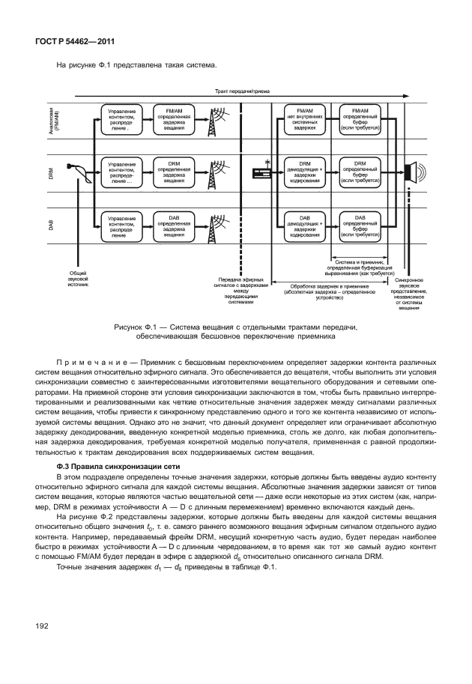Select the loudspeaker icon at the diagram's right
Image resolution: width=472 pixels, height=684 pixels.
pos(412,172)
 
